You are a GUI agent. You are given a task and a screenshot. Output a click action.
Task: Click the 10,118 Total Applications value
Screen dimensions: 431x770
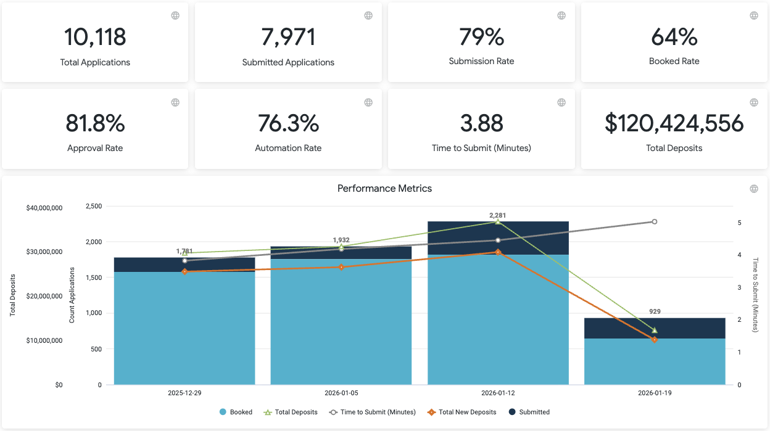pos(95,37)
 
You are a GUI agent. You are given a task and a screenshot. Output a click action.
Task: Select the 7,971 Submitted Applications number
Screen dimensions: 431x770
pos(288,37)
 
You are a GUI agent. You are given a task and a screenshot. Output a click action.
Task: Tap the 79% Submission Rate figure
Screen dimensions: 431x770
pos(481,37)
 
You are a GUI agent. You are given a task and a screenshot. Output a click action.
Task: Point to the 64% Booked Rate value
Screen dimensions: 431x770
pos(674,37)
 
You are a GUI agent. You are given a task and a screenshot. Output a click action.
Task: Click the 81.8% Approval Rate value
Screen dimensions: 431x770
pos(95,123)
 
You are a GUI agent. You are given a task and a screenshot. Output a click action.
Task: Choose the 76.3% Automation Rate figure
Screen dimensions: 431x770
pos(288,123)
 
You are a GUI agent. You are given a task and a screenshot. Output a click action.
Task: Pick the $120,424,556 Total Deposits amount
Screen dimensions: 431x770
pos(674,123)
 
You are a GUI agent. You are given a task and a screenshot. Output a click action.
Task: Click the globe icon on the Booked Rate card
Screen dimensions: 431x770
pos(754,15)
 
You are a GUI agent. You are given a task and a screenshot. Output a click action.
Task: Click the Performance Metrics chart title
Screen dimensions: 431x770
pos(384,189)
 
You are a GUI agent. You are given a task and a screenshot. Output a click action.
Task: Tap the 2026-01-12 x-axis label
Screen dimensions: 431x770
pos(498,393)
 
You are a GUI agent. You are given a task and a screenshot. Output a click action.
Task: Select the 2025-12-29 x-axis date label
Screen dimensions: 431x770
pos(184,393)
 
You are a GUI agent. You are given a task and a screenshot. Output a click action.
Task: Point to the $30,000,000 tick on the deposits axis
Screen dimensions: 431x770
pos(44,252)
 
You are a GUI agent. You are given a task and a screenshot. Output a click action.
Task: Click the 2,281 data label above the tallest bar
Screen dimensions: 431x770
pos(498,215)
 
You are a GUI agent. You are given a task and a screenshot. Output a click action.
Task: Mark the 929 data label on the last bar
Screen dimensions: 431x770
pos(655,312)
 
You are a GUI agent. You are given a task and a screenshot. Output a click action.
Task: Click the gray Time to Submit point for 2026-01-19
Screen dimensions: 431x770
pos(655,221)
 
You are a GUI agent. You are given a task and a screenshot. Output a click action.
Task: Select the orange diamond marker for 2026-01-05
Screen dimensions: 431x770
pos(341,267)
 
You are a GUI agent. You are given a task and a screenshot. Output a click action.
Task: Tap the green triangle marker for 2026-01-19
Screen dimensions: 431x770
pos(655,330)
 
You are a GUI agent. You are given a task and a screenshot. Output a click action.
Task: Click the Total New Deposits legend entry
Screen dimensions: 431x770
pos(462,412)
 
